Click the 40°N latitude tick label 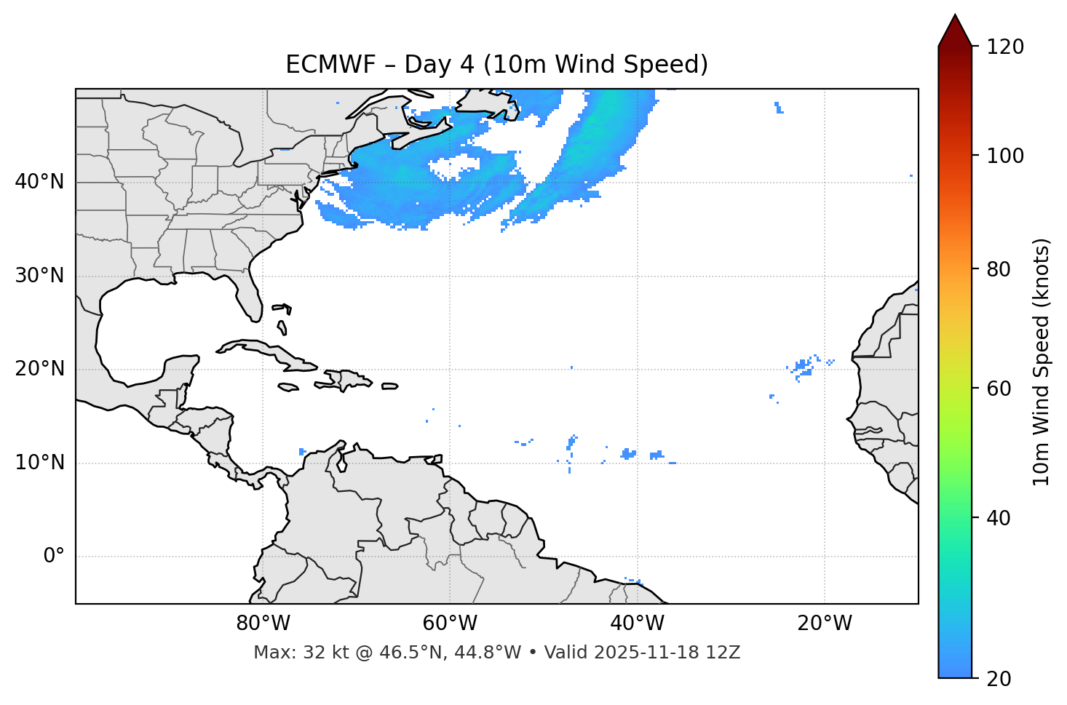pyautogui.click(x=39, y=182)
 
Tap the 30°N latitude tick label pyautogui.click(x=39, y=276)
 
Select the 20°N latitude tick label pyautogui.click(x=39, y=370)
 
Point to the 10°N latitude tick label pyautogui.click(x=39, y=463)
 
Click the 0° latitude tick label pyautogui.click(x=54, y=557)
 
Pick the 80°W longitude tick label pyautogui.click(x=263, y=624)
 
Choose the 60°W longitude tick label pyautogui.click(x=450, y=624)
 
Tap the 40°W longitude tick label pyautogui.click(x=637, y=624)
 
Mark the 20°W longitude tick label pyautogui.click(x=825, y=624)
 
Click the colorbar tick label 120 pyautogui.click(x=1005, y=47)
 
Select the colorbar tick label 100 pyautogui.click(x=1005, y=156)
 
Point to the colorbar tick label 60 pyautogui.click(x=999, y=389)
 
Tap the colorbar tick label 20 pyautogui.click(x=999, y=679)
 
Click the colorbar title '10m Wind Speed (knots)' pyautogui.click(x=1042, y=362)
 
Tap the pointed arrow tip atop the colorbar pyautogui.click(x=955, y=17)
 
